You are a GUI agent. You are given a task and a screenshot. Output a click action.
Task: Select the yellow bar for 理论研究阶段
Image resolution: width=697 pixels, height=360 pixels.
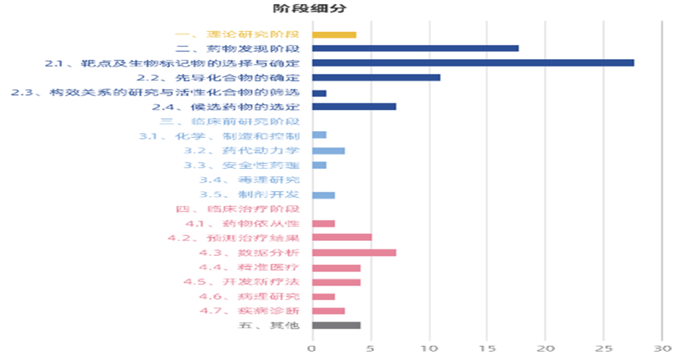click(x=334, y=34)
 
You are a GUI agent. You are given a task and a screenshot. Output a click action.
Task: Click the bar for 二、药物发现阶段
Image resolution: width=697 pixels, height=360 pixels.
click(x=415, y=48)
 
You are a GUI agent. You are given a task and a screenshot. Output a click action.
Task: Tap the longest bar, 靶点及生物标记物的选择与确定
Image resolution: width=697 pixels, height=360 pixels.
click(x=473, y=63)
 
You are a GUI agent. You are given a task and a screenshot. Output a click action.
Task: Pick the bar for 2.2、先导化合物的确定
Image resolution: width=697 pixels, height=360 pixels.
click(x=376, y=77)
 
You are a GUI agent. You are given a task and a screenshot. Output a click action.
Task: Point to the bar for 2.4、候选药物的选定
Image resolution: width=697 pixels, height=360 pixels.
click(x=354, y=106)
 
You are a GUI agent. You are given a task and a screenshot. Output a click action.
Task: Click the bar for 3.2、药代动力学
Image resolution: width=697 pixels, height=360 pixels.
click(x=328, y=150)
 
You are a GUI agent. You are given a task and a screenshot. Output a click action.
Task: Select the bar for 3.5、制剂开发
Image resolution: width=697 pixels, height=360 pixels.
click(x=323, y=195)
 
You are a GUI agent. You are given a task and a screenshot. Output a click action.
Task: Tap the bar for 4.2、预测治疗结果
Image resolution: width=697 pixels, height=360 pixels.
click(x=342, y=237)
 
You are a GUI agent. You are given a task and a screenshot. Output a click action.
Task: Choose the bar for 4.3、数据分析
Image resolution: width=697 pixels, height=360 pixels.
click(x=354, y=252)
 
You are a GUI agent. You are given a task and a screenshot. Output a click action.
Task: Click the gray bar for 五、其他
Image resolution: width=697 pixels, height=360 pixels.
click(x=336, y=325)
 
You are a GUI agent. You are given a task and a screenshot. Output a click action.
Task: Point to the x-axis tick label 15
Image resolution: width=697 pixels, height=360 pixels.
click(x=487, y=348)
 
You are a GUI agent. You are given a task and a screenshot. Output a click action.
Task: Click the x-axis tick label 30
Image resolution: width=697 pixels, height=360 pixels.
click(x=662, y=348)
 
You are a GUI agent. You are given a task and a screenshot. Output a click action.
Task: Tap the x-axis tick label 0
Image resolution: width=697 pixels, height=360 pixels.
click(x=312, y=348)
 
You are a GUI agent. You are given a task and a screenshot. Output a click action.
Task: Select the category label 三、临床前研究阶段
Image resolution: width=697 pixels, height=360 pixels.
click(x=229, y=121)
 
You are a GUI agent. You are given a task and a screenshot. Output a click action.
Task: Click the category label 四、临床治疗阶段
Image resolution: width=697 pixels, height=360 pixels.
click(x=237, y=209)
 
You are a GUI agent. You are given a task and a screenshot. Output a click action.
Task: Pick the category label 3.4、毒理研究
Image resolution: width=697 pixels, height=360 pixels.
click(x=249, y=179)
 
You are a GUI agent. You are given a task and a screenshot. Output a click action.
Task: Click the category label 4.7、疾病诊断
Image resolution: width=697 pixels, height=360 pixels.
click(x=249, y=311)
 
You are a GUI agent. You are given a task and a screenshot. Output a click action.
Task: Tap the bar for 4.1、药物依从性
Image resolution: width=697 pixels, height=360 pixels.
click(x=323, y=223)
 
